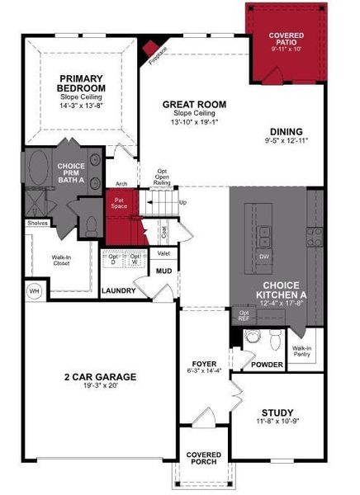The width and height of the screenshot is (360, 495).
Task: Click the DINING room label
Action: [287, 131]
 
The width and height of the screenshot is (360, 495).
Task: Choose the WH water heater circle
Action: [35, 290]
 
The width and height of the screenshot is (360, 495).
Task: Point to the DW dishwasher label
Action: [264, 257]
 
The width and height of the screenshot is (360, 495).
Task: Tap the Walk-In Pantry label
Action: [301, 352]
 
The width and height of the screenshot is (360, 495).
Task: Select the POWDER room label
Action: [267, 364]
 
